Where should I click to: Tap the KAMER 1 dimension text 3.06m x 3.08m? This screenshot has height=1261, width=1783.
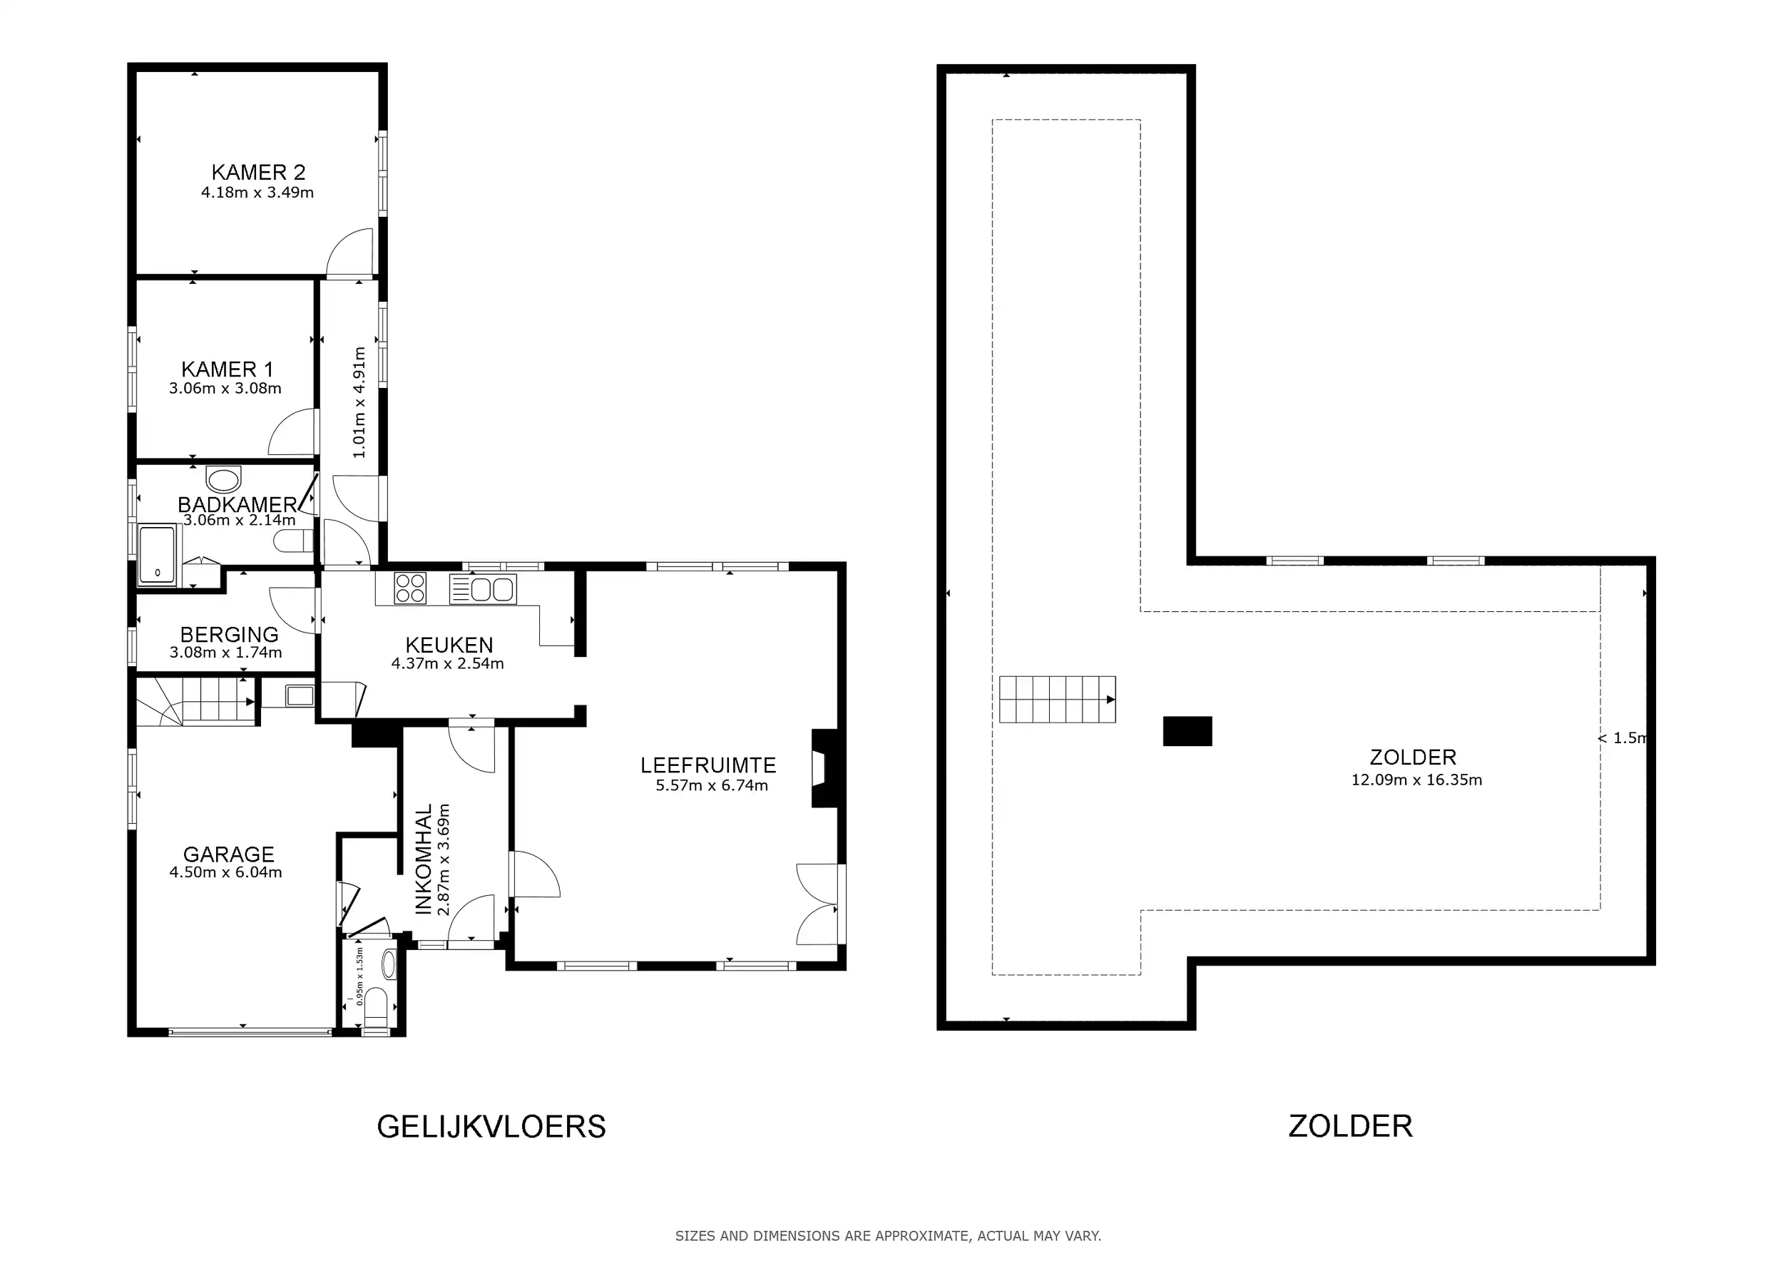pyautogui.click(x=225, y=388)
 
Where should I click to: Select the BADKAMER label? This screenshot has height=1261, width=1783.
pyautogui.click(x=237, y=505)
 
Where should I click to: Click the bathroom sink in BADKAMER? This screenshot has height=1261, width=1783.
pyautogui.click(x=224, y=479)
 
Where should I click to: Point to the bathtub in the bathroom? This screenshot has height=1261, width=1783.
pyautogui.click(x=158, y=554)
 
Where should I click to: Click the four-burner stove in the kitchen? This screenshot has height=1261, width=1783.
pyautogui.click(x=410, y=588)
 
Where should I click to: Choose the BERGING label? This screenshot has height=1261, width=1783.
pyautogui.click(x=229, y=634)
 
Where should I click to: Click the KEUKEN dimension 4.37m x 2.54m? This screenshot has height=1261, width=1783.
pyautogui.click(x=447, y=664)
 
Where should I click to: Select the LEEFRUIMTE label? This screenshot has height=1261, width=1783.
pyautogui.click(x=708, y=765)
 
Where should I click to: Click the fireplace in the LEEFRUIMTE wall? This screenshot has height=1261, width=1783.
pyautogui.click(x=824, y=768)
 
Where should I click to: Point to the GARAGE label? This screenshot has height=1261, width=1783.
pyautogui.click(x=229, y=854)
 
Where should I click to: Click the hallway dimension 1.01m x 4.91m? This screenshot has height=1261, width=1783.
pyautogui.click(x=359, y=402)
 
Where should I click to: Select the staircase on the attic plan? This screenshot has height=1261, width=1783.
pyautogui.click(x=1058, y=699)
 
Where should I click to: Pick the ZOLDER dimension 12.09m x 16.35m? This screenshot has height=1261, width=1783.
pyautogui.click(x=1416, y=780)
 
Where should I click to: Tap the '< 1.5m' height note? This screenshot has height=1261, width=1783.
pyautogui.click(x=1623, y=737)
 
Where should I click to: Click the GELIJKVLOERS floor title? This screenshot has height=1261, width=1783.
pyautogui.click(x=491, y=1127)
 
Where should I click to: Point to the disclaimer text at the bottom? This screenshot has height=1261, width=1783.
pyautogui.click(x=889, y=1235)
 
